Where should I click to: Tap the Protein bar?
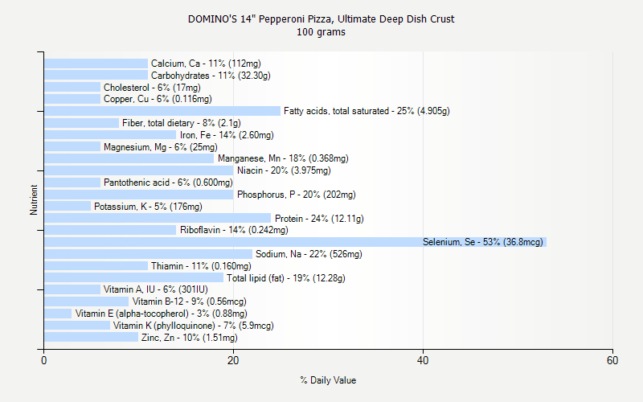click(x=158, y=218)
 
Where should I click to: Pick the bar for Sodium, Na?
click(x=148, y=254)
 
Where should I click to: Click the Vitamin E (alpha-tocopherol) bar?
click(x=58, y=314)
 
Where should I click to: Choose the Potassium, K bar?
click(x=68, y=207)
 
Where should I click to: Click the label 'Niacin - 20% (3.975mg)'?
click(x=284, y=170)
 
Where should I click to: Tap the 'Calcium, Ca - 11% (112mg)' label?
click(x=206, y=64)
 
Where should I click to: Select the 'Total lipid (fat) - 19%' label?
click(x=286, y=278)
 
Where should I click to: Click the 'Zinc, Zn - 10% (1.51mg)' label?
click(x=190, y=338)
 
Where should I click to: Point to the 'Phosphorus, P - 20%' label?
click(x=296, y=195)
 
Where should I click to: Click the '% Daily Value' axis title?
click(x=328, y=380)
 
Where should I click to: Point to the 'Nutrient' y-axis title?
click(x=34, y=200)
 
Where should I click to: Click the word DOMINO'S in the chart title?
click(x=210, y=18)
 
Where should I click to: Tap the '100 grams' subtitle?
click(x=321, y=32)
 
